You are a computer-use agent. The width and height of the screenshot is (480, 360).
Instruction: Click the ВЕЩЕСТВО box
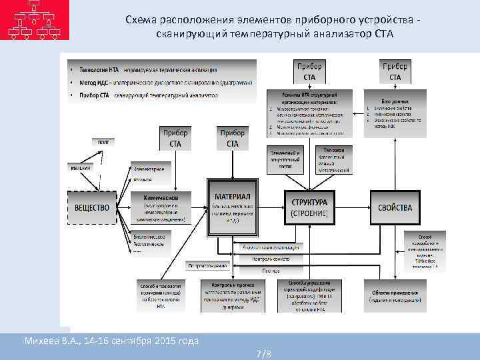coord(93,208)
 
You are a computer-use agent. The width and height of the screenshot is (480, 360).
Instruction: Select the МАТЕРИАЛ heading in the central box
coord(232,196)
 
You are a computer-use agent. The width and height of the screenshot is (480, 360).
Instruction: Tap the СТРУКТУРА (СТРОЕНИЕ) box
coord(309,207)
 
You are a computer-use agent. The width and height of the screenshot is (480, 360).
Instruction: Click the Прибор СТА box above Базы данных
coord(395,72)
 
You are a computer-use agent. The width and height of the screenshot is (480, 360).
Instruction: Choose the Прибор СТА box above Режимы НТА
coord(309,72)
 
